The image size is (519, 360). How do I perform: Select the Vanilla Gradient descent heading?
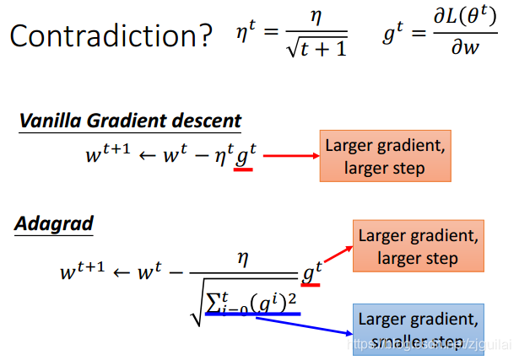click(x=130, y=120)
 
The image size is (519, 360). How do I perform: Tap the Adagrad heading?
click(x=54, y=224)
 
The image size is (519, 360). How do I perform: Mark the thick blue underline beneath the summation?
click(x=252, y=314)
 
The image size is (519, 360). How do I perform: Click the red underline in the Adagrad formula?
click(x=310, y=284)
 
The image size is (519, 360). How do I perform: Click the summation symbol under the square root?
click(x=214, y=300)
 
